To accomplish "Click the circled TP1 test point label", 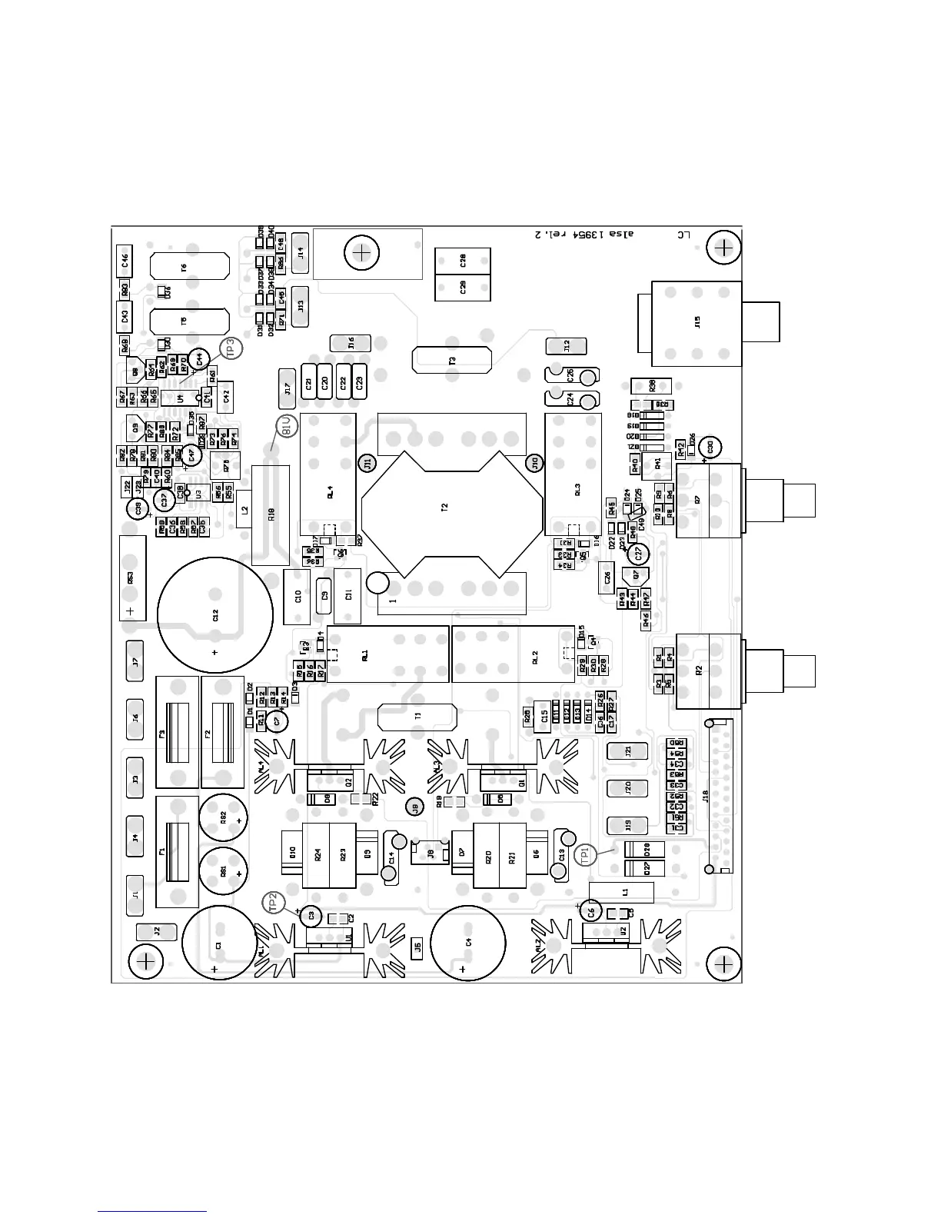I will [586, 854].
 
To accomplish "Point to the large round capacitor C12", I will [215, 615].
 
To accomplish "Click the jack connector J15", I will [697, 323].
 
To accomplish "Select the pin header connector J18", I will [719, 797].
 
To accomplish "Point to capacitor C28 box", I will [463, 261].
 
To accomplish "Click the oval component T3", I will [452, 359].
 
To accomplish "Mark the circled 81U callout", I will [285, 428].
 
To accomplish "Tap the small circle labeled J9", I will [415, 807].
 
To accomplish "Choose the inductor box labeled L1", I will [623, 892].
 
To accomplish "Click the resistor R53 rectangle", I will [132, 577].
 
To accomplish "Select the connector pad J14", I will [300, 251].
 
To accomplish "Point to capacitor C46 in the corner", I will [125, 261].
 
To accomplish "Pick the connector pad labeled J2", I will [156, 931].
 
